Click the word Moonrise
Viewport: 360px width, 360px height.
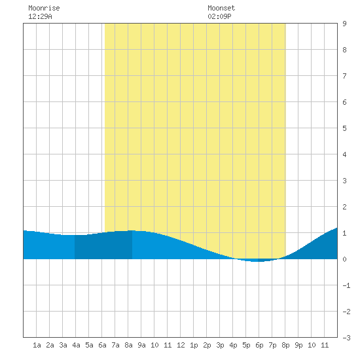tap(44, 8)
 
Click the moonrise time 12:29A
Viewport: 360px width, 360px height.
tap(40, 16)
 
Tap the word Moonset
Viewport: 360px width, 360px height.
tap(221, 8)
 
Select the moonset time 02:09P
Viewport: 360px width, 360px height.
tap(219, 16)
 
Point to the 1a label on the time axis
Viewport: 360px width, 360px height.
tap(37, 345)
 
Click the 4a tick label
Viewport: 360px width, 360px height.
tap(76, 345)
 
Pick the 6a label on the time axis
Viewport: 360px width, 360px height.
tap(102, 345)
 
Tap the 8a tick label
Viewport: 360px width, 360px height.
tap(128, 345)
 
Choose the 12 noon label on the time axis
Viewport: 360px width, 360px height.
tap(181, 345)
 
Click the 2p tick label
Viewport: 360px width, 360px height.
tap(207, 345)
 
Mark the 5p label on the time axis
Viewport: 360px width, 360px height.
tap(246, 345)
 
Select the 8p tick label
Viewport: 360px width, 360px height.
tap(285, 345)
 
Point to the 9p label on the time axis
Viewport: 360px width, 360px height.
tap(298, 345)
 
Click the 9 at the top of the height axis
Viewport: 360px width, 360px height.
tap(344, 24)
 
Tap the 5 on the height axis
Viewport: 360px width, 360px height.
tap(344, 128)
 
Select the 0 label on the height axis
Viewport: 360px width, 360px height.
tap(344, 259)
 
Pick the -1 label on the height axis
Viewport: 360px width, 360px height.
tap(346, 285)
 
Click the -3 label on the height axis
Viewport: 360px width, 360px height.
tap(346, 338)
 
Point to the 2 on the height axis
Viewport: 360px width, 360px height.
tap(344, 207)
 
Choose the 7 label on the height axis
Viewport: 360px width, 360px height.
tap(344, 76)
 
